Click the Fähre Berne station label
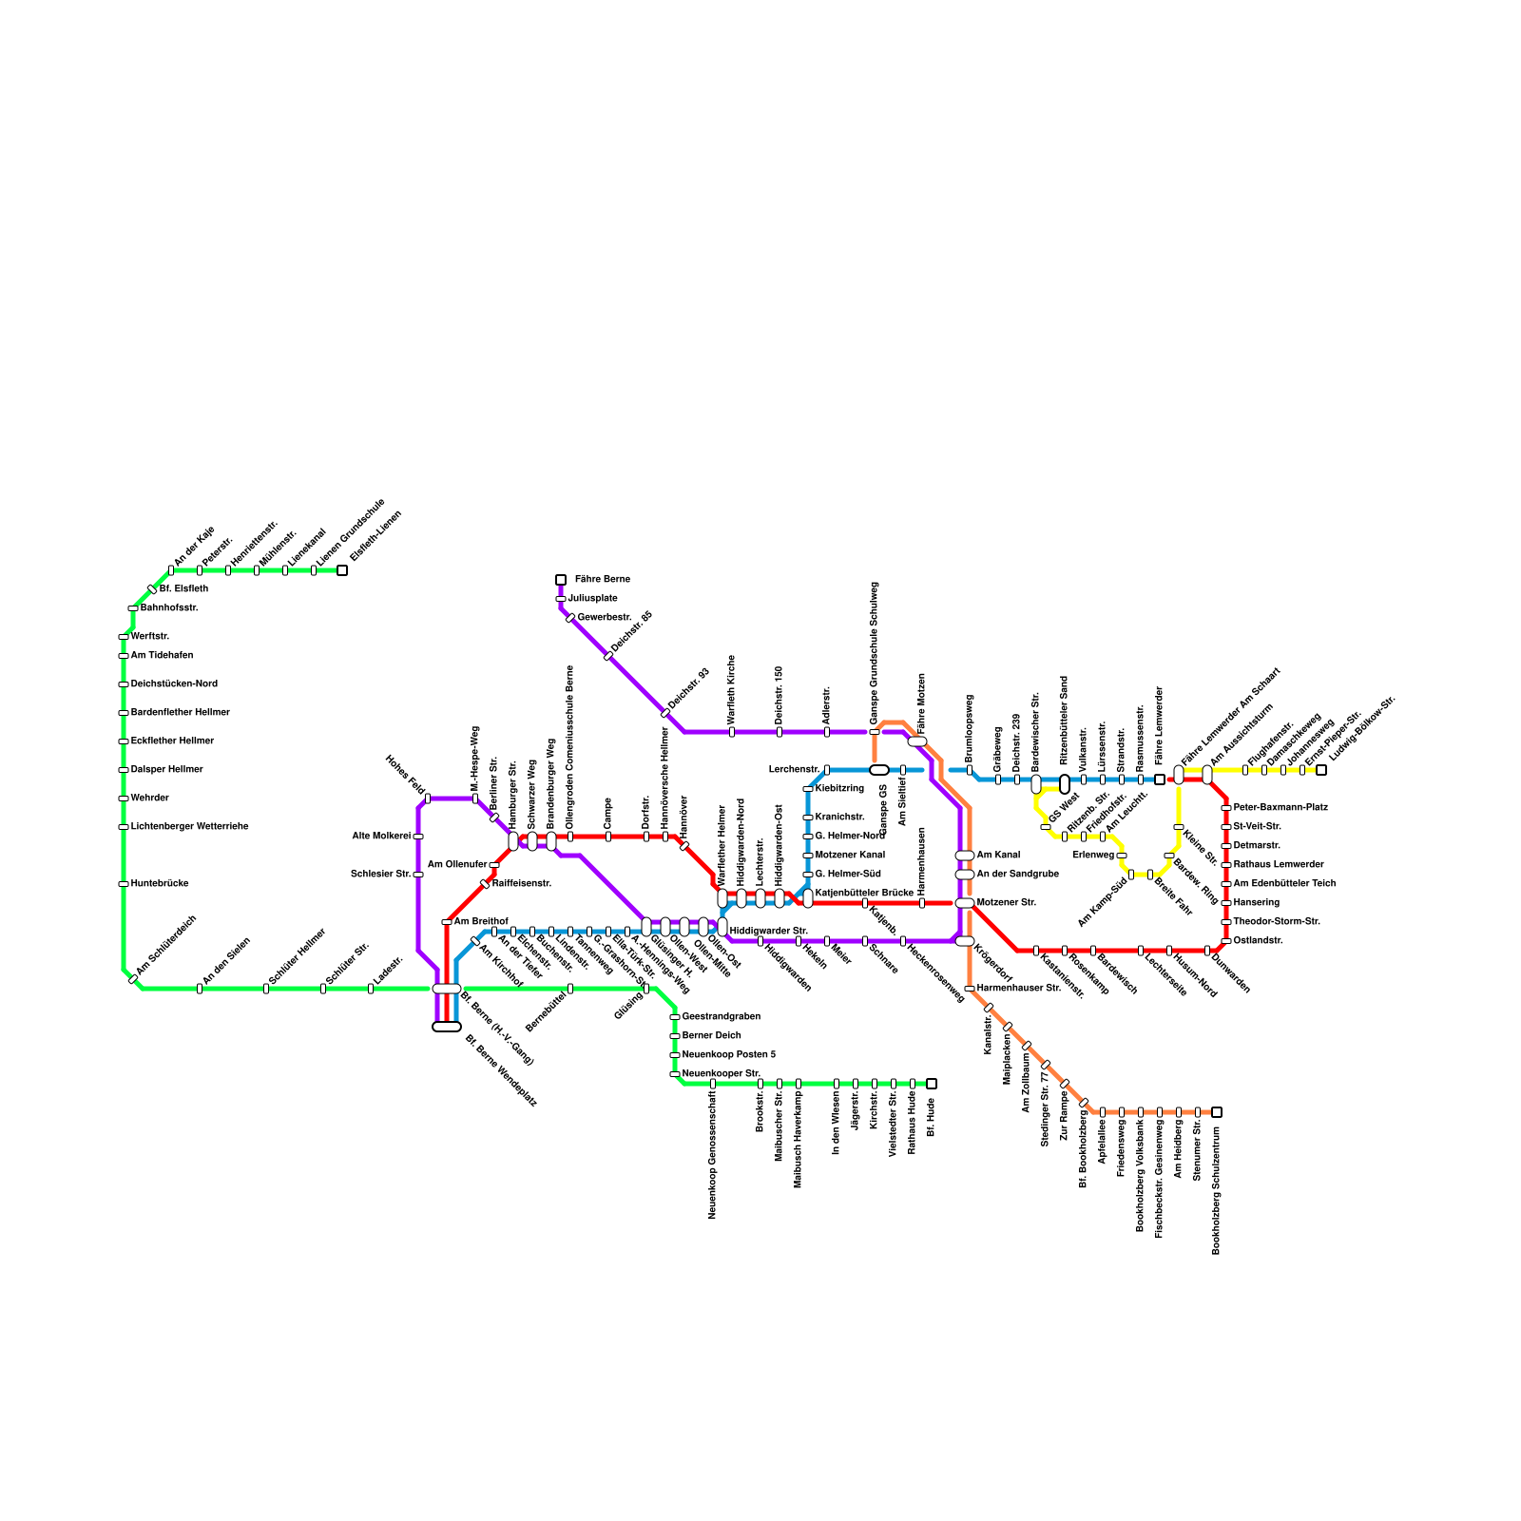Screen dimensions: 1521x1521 coord(602,579)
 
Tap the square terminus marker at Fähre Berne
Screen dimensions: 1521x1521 coord(561,579)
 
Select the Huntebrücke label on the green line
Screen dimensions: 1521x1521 coord(160,883)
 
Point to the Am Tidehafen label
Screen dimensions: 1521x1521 coord(162,655)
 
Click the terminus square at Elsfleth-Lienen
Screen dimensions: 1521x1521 coord(342,570)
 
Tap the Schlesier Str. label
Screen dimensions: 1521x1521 coord(380,874)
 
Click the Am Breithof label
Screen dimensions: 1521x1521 coord(481,921)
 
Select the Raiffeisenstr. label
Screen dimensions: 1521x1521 coord(522,883)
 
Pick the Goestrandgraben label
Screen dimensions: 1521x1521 coord(722,1016)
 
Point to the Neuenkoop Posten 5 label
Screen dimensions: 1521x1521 coord(729,1054)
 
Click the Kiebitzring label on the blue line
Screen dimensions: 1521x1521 coord(839,788)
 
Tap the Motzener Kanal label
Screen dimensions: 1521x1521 coord(850,855)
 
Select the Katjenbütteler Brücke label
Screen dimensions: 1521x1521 coord(864,893)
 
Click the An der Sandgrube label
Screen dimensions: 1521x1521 coord(1018,874)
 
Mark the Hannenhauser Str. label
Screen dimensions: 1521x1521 coord(1018,988)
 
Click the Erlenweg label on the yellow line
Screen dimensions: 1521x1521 coord(1093,855)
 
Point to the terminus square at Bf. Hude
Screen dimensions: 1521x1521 coord(932,1084)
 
